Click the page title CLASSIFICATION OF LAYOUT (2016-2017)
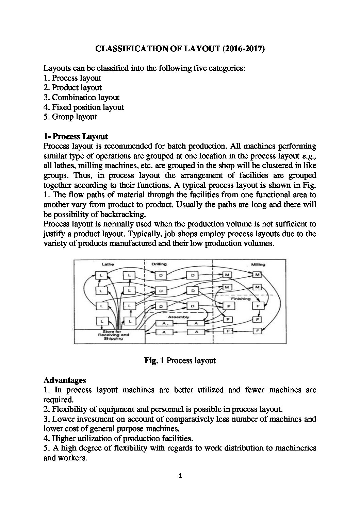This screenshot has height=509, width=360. click(180, 49)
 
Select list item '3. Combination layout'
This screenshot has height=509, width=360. click(81, 98)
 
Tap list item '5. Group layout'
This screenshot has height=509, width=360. click(70, 117)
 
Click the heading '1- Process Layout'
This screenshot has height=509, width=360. click(76, 137)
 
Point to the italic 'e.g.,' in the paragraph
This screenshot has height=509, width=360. click(309, 156)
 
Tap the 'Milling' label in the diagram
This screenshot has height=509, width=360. click(258, 264)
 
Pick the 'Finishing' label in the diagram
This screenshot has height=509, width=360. click(241, 299)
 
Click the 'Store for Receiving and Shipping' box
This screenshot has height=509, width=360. click(109, 336)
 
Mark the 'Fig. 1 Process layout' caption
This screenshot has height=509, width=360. click(180, 360)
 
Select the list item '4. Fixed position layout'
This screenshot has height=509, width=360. click(84, 107)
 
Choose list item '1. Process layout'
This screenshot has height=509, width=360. click(72, 78)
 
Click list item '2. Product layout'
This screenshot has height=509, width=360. click(72, 88)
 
